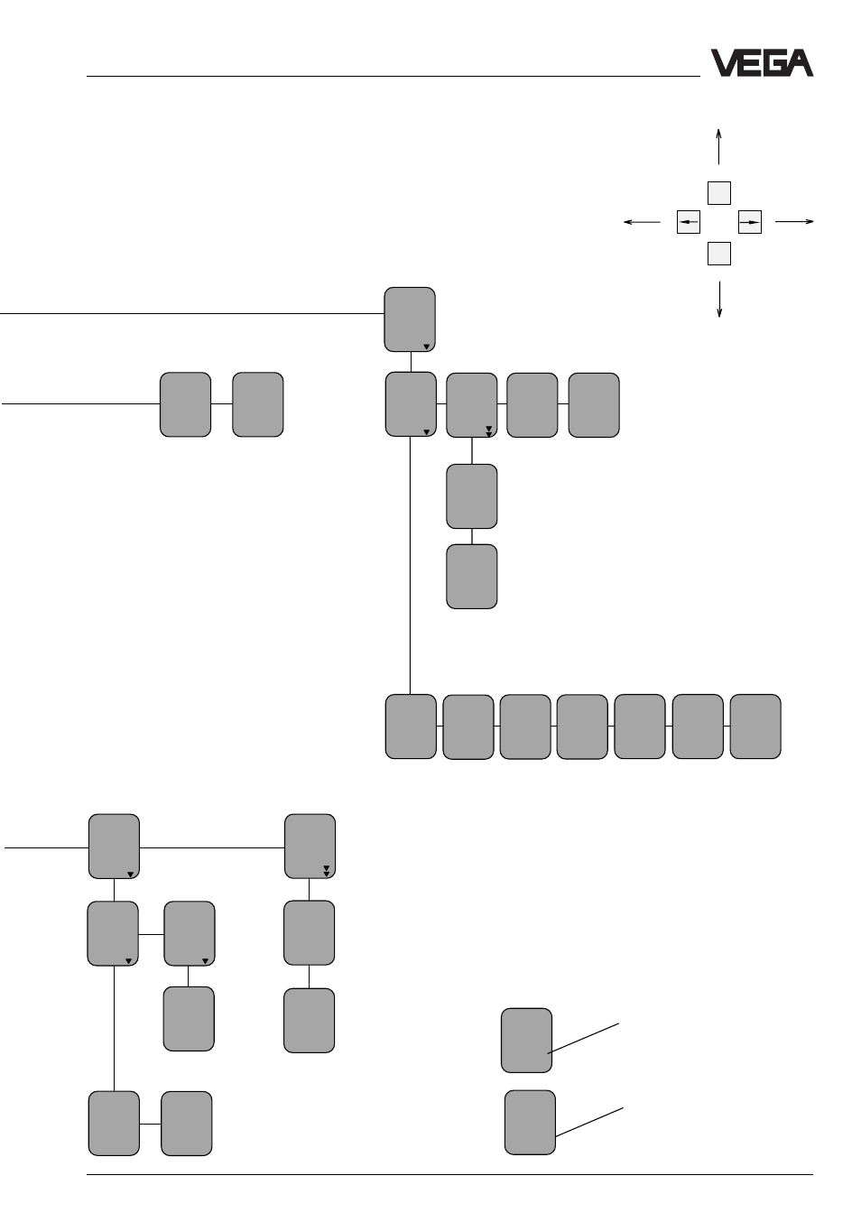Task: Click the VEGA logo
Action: (x=761, y=63)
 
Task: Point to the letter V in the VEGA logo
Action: (x=725, y=63)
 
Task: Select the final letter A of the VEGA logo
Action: (x=800, y=63)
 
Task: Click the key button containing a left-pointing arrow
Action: (x=688, y=222)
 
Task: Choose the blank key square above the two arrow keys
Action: (x=718, y=193)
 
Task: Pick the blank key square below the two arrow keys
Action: (x=718, y=254)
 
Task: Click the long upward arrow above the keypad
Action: (x=718, y=147)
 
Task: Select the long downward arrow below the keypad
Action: (x=719, y=299)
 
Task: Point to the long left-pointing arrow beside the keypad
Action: (x=642, y=222)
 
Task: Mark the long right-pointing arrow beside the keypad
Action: (x=794, y=221)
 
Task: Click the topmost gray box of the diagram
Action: (x=409, y=319)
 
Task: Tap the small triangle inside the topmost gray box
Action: (x=426, y=347)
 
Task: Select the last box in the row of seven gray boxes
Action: (x=755, y=727)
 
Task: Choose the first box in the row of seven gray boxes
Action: (x=411, y=727)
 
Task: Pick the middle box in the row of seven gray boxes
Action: (x=581, y=727)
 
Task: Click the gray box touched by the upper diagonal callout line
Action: (x=526, y=1041)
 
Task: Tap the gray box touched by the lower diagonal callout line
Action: (x=530, y=1122)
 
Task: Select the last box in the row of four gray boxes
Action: (x=594, y=405)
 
